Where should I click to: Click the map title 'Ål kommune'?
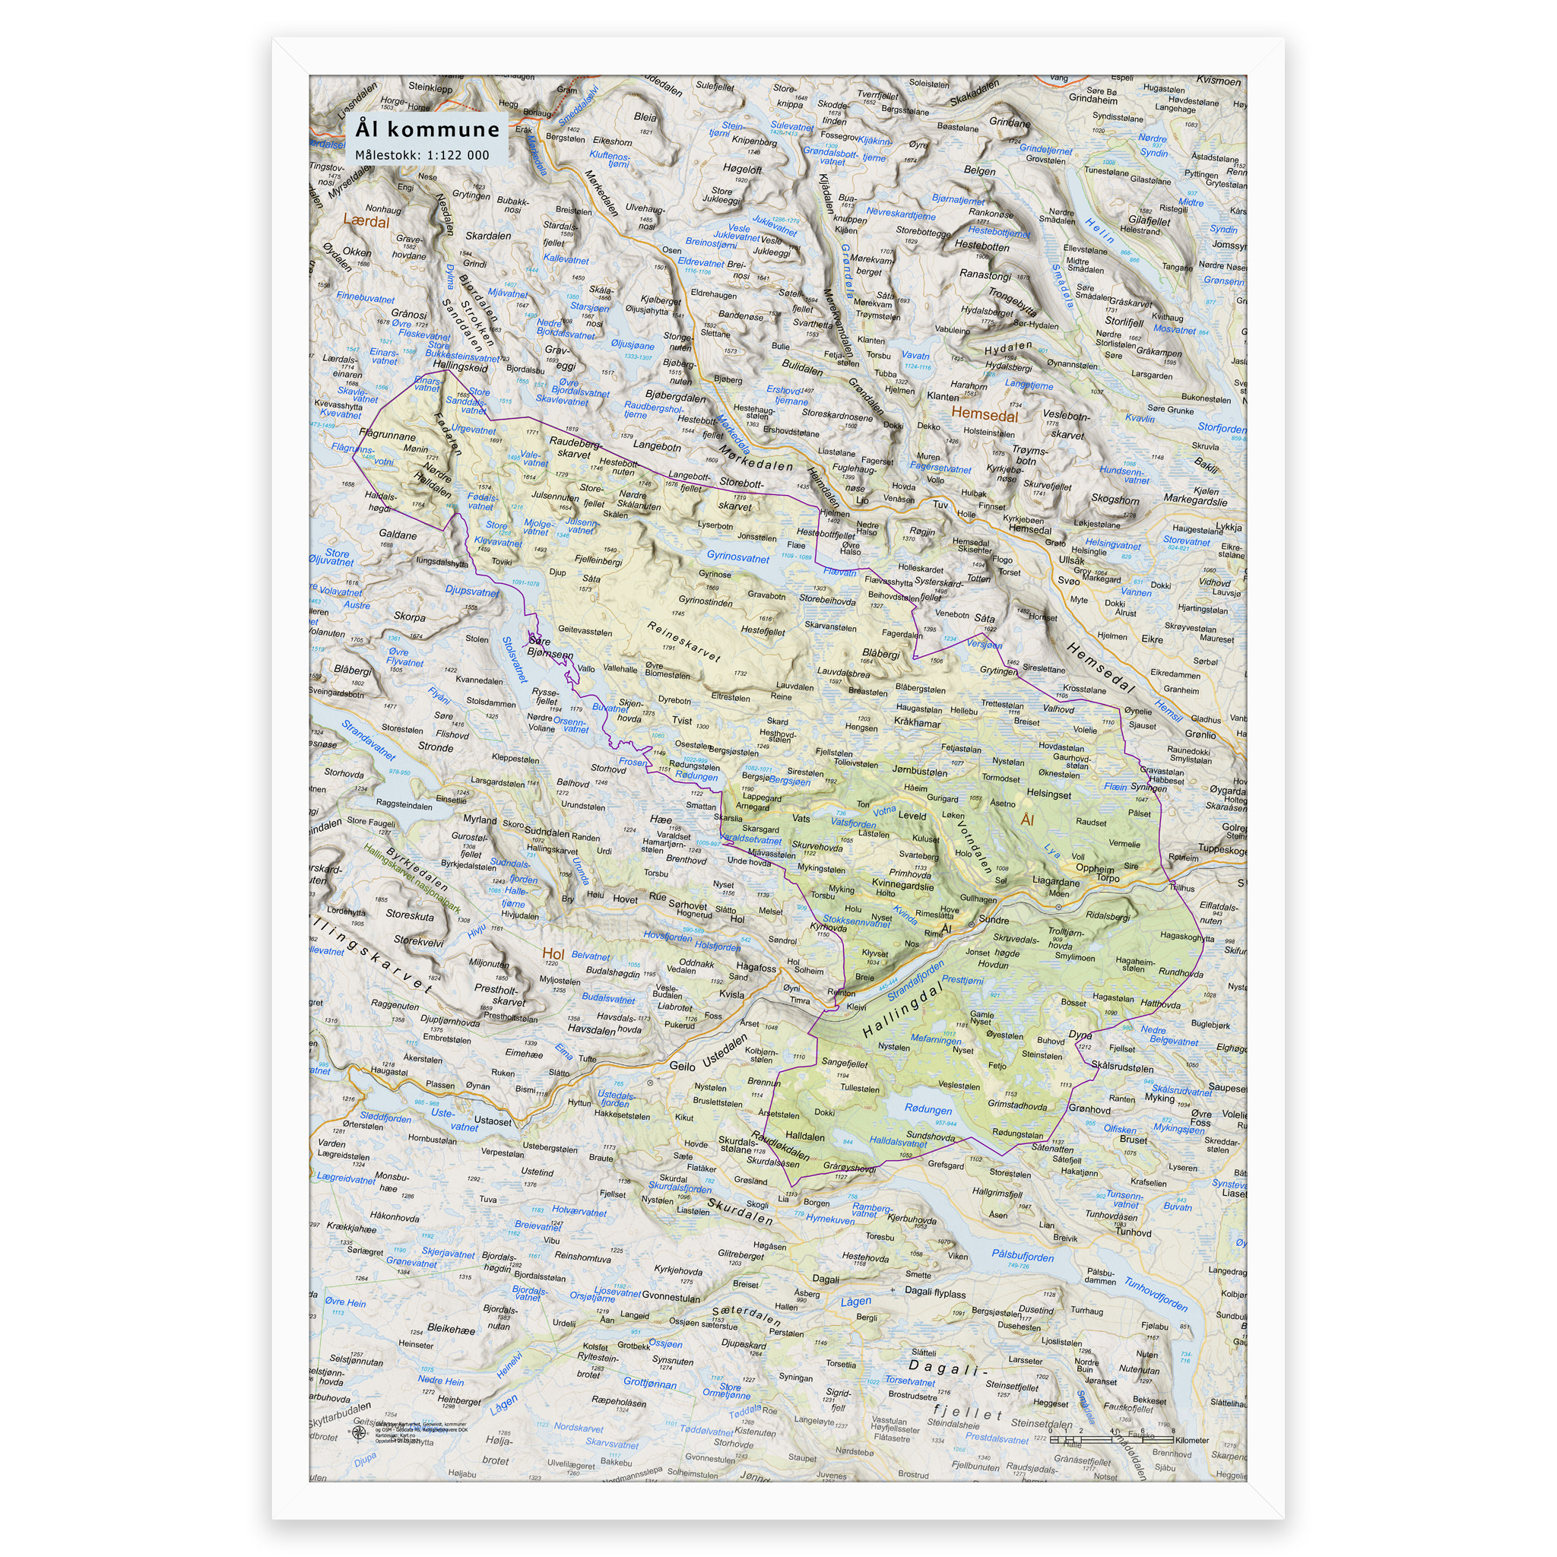(427, 129)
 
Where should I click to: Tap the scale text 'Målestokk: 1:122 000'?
(421, 155)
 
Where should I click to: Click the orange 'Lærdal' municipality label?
(366, 220)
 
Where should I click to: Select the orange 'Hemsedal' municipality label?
(984, 415)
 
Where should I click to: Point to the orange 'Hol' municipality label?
(553, 954)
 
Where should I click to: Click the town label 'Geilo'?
(682, 1065)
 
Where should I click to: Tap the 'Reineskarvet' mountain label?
(683, 642)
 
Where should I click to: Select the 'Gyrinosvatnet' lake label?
(737, 557)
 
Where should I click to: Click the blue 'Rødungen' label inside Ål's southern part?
(928, 1109)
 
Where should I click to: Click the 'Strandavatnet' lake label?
(368, 740)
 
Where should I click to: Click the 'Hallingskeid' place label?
(460, 366)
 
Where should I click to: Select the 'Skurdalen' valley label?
(740, 1210)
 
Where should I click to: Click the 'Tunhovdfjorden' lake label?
(1155, 1295)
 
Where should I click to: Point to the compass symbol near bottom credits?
(359, 1432)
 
